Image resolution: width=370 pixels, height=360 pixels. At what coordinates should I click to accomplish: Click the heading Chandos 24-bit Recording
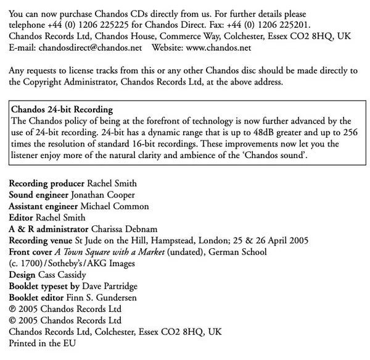[59, 110]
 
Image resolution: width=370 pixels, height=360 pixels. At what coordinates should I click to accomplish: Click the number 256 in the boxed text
[348, 132]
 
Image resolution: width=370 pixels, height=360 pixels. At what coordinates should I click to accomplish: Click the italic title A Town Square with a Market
[115, 252]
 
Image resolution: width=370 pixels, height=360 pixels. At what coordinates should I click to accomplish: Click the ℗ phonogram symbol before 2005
[13, 309]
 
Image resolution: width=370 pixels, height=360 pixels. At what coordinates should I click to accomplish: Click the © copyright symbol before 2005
[13, 320]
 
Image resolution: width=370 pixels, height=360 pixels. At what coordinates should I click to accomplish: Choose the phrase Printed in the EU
[41, 343]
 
